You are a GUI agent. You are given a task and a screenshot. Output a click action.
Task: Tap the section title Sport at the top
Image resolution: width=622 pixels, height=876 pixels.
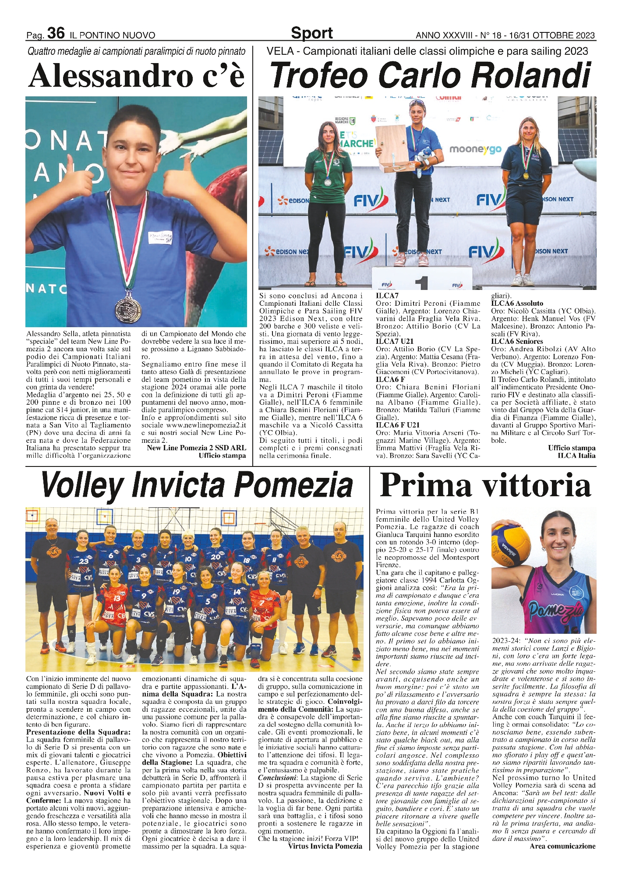pyautogui.click(x=311, y=33)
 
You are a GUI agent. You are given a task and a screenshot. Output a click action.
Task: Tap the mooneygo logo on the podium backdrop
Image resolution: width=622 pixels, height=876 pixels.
pyautogui.click(x=475, y=149)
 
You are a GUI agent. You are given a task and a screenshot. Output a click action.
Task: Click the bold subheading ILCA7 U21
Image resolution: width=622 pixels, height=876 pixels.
pyautogui.click(x=394, y=341)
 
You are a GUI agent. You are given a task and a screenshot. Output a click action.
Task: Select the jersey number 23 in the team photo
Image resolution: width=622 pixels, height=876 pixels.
pyautogui.click(x=84, y=561)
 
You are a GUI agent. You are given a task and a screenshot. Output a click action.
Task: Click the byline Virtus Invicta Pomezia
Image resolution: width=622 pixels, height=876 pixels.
pyautogui.click(x=325, y=846)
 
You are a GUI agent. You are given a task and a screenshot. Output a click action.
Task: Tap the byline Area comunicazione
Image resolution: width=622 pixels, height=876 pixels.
pyautogui.click(x=562, y=846)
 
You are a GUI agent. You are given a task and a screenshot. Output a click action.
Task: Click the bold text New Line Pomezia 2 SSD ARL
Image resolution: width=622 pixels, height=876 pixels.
pyautogui.click(x=196, y=448)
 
